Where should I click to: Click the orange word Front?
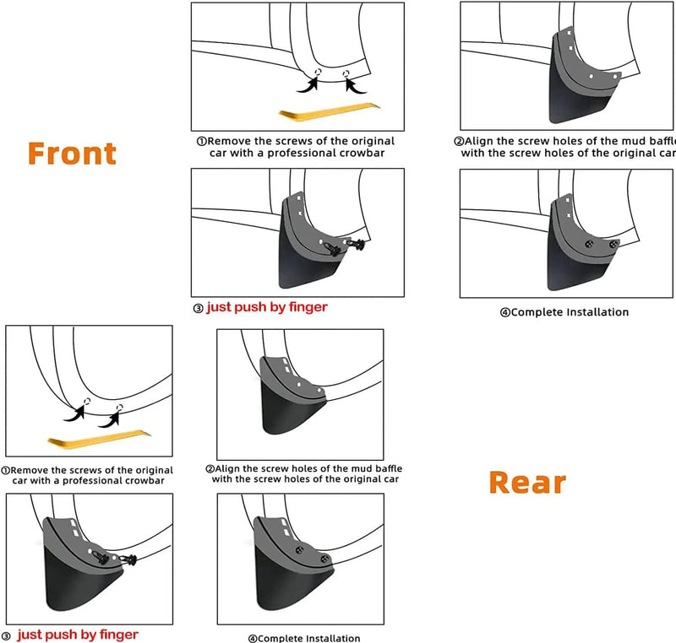(x=72, y=154)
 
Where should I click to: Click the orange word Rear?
(x=527, y=483)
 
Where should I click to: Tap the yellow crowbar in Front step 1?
(x=330, y=111)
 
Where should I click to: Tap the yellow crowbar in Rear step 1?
(x=99, y=439)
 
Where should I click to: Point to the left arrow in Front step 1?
(x=308, y=84)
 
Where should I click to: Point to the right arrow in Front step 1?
(x=354, y=84)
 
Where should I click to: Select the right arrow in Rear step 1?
(x=109, y=419)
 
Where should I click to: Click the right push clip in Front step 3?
(x=356, y=245)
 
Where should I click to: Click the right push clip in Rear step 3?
(x=128, y=560)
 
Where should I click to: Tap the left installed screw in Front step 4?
(x=589, y=244)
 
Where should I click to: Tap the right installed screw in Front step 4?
(x=613, y=245)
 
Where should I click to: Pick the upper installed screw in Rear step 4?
(x=300, y=550)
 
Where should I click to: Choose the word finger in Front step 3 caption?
(x=308, y=307)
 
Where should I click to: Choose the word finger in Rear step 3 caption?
(x=119, y=635)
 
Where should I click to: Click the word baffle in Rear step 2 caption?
(x=389, y=468)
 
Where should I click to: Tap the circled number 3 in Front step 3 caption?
(x=198, y=309)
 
